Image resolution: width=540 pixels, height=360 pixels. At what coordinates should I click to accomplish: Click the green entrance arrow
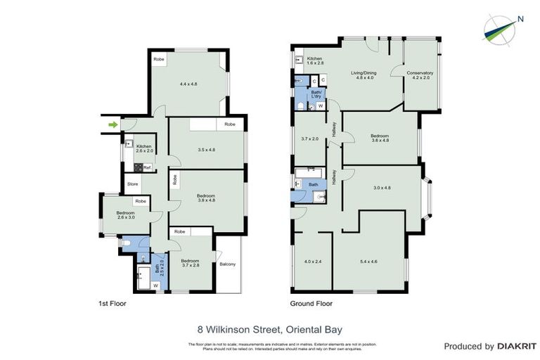(112, 125)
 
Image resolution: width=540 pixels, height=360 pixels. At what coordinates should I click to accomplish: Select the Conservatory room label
(419, 75)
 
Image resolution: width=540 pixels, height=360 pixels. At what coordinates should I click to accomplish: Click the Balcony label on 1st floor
(228, 264)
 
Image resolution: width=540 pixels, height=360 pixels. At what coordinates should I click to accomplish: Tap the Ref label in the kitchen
(147, 167)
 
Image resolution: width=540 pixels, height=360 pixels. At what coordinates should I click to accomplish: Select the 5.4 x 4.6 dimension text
(368, 262)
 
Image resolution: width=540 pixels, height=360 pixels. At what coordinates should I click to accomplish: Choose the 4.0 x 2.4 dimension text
(313, 262)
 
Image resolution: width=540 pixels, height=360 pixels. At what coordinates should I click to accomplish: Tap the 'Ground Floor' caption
(311, 304)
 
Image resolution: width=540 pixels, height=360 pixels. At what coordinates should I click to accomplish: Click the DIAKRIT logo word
(517, 346)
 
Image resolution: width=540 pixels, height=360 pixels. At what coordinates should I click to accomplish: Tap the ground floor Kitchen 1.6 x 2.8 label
(314, 61)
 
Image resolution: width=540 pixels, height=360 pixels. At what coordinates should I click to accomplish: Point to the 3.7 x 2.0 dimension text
(309, 139)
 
